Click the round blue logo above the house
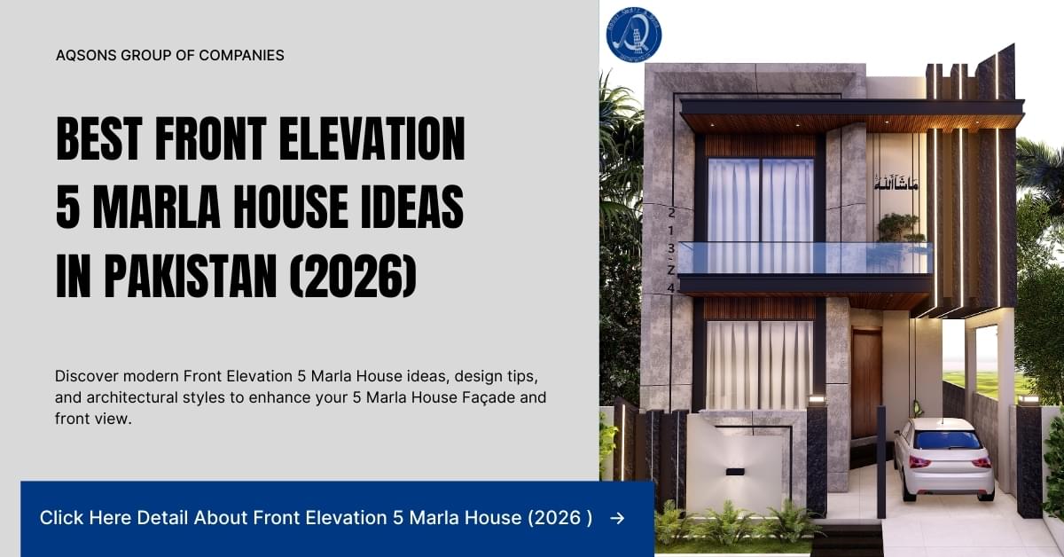[x=634, y=34]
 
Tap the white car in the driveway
[x=942, y=458]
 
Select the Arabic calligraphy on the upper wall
[x=896, y=184]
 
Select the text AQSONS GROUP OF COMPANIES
[x=170, y=55]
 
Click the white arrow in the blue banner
[x=617, y=518]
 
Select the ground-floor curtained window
[x=759, y=364]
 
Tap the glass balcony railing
[x=802, y=257]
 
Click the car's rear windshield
[x=948, y=440]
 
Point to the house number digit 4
[x=671, y=287]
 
